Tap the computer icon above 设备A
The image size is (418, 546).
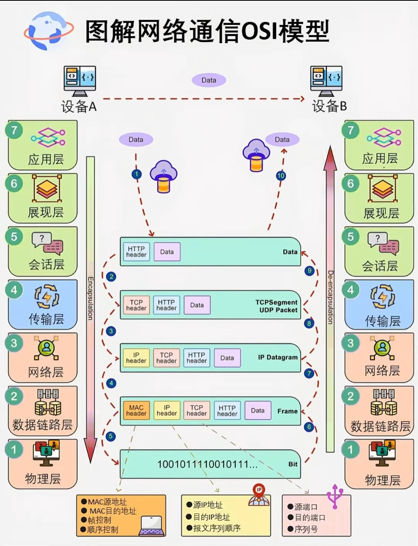coord(80,81)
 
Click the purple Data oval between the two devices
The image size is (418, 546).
coord(209,80)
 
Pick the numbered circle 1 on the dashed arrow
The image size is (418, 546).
coord(136,174)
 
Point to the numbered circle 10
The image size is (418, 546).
coord(281,175)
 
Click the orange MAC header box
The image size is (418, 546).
coord(136,411)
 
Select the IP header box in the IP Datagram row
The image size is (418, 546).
coord(136,358)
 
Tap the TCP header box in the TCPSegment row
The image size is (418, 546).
coord(136,305)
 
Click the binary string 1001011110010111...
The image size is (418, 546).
coord(207,464)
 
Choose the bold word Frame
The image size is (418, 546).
coord(287,411)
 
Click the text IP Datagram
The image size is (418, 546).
coord(278,357)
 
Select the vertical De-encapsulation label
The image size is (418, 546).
coord(330,297)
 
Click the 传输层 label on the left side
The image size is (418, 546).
coord(46,319)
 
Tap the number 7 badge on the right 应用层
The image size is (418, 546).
coord(350,130)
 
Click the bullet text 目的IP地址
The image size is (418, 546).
coord(212,517)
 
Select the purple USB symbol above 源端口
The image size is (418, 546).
coord(335,496)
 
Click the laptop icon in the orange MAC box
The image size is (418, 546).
coord(151,525)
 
